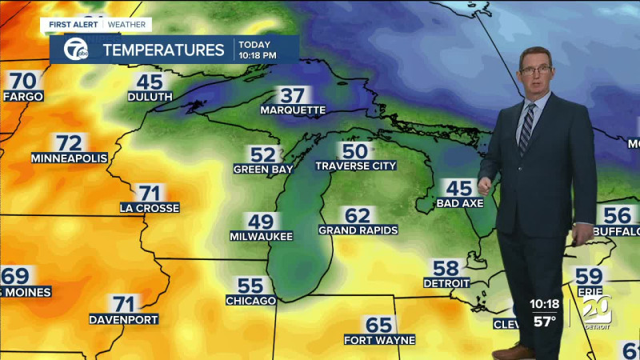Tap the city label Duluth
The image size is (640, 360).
[150, 97]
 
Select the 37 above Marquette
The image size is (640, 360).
[293, 95]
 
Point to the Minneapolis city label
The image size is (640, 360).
[70, 158]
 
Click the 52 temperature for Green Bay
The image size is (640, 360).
[262, 155]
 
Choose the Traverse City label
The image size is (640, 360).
[355, 166]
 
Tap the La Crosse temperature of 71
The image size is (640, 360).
[150, 193]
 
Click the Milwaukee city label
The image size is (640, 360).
[261, 236]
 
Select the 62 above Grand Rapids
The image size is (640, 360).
[358, 215]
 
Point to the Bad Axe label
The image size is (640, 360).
[459, 204]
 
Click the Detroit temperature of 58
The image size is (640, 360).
[446, 268]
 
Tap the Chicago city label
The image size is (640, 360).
[250, 300]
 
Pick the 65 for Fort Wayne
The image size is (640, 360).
[379, 325]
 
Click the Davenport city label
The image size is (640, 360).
[123, 319]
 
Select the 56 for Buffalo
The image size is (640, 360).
[617, 215]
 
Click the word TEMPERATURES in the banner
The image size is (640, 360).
[163, 50]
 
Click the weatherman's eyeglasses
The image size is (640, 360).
[535, 70]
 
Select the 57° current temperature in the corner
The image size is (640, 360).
[545, 322]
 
